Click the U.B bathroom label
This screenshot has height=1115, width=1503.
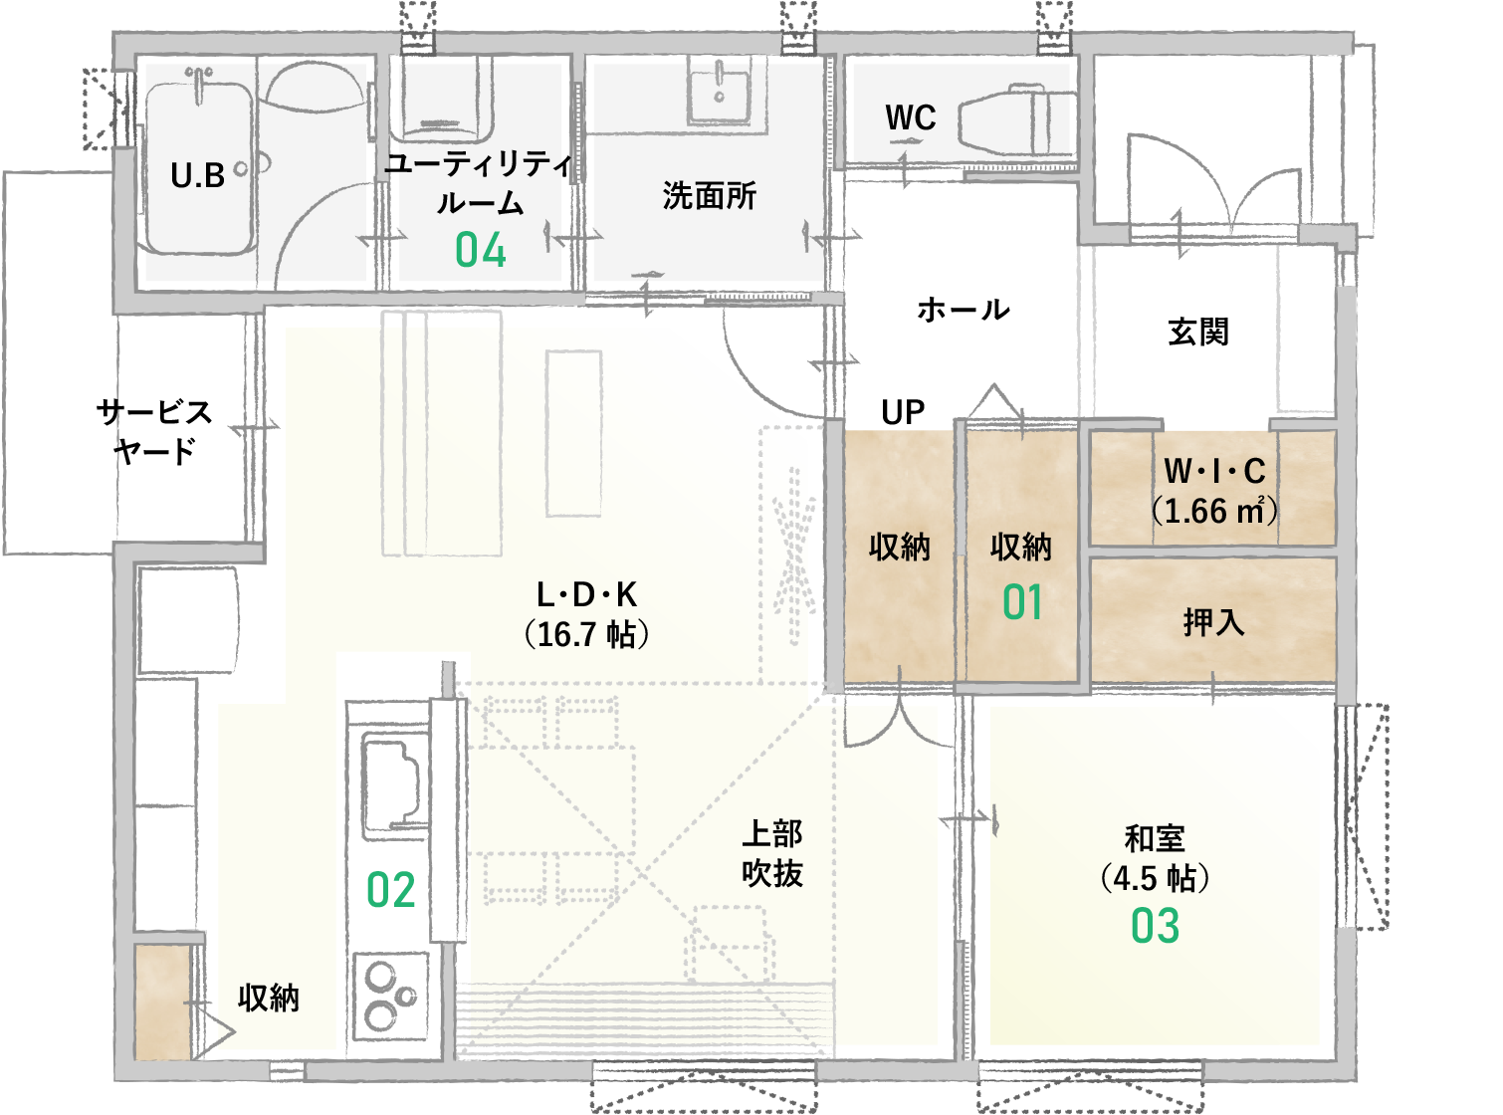coord(197,176)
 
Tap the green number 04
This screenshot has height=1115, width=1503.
coord(481,250)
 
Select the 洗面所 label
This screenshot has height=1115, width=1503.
coord(709,196)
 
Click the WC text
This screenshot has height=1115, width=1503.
coord(911,118)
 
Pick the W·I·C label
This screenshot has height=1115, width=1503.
coord(1214,470)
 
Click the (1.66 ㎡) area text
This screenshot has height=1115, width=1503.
coord(1214,511)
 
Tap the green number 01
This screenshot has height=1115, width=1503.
coord(1022,602)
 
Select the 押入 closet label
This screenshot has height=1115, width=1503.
coord(1213,622)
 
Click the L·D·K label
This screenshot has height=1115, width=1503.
coord(586,595)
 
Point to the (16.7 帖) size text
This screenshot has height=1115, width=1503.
coord(586,634)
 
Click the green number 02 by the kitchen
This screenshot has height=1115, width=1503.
coord(390,890)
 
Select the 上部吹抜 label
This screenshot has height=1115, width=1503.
coord(772,853)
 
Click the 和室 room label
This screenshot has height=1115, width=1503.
coord(1155,838)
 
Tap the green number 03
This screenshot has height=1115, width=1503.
coord(1155,926)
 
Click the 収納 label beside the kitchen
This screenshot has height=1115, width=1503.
coord(269,998)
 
